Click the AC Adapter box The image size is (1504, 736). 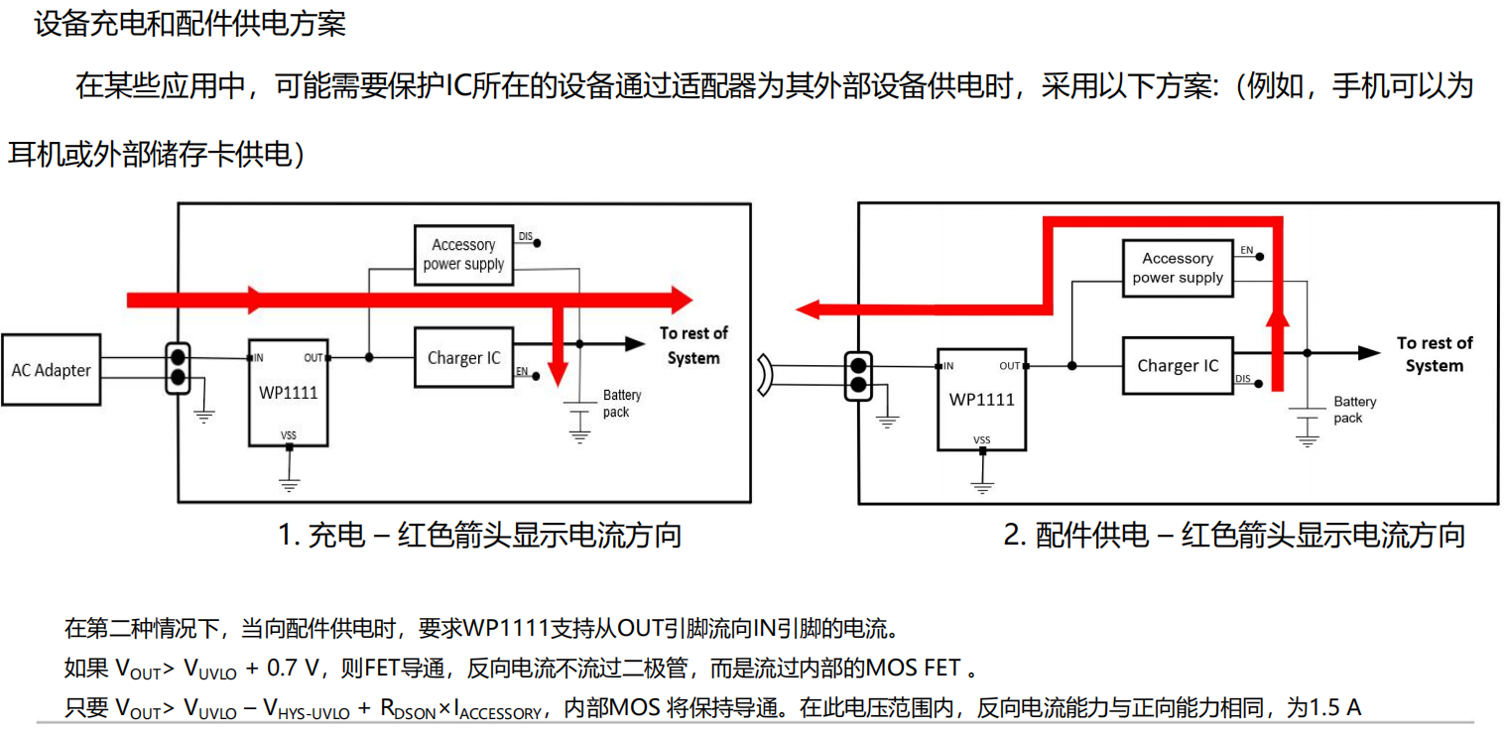(51, 370)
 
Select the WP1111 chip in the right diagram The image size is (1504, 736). (981, 399)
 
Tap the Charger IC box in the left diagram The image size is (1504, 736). (463, 358)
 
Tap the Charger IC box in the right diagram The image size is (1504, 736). (1177, 366)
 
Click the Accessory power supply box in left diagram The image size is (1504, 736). (463, 255)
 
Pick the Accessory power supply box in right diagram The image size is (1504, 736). (1178, 268)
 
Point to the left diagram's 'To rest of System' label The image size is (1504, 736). (693, 345)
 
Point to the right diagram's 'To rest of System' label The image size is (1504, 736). (1435, 354)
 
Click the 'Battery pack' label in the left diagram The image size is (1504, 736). (622, 404)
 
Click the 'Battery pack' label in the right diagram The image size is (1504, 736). (1354, 410)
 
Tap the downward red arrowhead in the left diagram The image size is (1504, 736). (559, 373)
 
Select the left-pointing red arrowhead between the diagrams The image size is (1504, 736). (809, 309)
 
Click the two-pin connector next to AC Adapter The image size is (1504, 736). (179, 368)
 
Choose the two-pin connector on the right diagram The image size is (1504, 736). (858, 374)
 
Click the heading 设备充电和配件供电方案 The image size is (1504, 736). (190, 24)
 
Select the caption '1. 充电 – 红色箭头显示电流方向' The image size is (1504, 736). (480, 536)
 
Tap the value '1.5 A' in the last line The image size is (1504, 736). (1335, 708)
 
